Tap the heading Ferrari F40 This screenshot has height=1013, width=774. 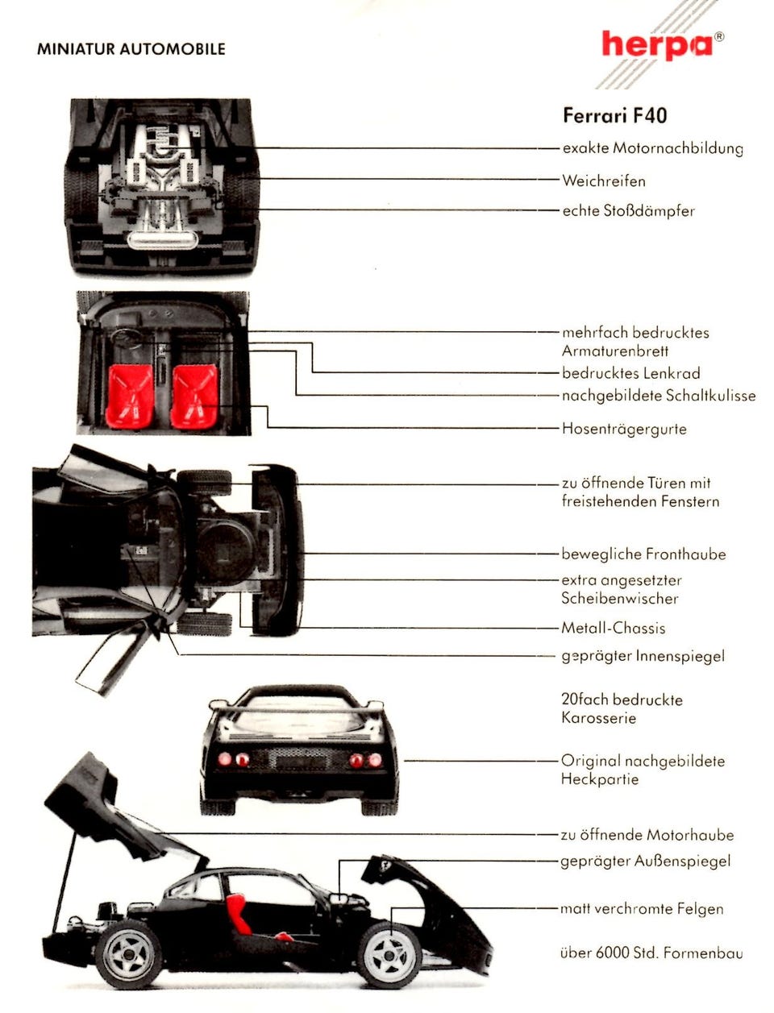pyautogui.click(x=614, y=116)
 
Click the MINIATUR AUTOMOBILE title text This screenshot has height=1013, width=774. pyautogui.click(x=131, y=49)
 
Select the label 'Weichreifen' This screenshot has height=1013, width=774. pyautogui.click(x=603, y=181)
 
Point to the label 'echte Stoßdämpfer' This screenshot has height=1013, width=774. pyautogui.click(x=628, y=211)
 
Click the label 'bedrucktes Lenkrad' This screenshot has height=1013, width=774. pyautogui.click(x=630, y=373)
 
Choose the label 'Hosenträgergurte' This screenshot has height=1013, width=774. pyautogui.click(x=624, y=429)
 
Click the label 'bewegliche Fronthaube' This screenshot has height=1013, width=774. pyautogui.click(x=643, y=554)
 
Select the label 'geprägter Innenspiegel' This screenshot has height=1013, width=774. pyautogui.click(x=643, y=656)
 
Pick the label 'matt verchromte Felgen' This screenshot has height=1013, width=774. pyautogui.click(x=642, y=909)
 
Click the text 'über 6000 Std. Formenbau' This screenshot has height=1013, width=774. pyautogui.click(x=651, y=953)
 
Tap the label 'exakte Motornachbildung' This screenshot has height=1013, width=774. pyautogui.click(x=652, y=148)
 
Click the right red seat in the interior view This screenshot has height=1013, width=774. pyautogui.click(x=194, y=396)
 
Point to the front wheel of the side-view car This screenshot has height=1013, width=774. pyautogui.click(x=389, y=955)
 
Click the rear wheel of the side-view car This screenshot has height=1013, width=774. pyautogui.click(x=129, y=955)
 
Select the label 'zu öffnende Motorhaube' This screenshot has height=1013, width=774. pyautogui.click(x=647, y=835)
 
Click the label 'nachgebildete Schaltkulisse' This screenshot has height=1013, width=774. pyautogui.click(x=658, y=396)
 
